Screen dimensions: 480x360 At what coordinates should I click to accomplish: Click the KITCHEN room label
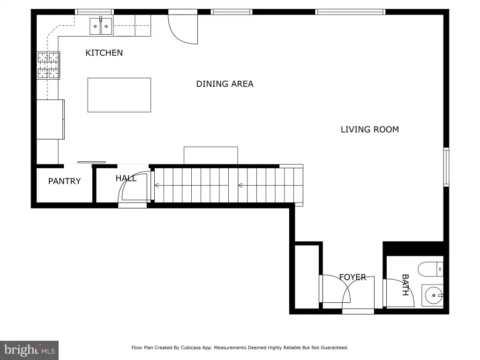pos(104,53)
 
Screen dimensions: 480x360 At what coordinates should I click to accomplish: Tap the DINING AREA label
pos(225,84)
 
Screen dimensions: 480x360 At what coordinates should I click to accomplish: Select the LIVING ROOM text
pos(370,129)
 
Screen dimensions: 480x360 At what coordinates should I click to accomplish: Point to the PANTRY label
pos(64,181)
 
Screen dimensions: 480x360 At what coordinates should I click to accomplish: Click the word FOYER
pos(352,277)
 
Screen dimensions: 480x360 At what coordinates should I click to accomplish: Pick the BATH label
pos(405,285)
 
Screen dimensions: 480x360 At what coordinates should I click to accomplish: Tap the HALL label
pos(126,178)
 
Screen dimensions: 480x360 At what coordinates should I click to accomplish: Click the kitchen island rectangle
pos(119,95)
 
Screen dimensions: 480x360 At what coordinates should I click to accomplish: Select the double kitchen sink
pos(101,26)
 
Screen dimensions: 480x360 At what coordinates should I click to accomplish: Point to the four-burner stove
pos(48,66)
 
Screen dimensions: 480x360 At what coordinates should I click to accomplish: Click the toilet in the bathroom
pos(430,270)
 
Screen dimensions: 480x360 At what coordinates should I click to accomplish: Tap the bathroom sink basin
pos(432,295)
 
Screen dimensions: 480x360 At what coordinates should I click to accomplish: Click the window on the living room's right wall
pos(446,167)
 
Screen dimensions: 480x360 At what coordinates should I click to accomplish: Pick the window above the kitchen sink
pos(95,12)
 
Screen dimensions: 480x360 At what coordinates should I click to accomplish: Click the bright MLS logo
pos(29,350)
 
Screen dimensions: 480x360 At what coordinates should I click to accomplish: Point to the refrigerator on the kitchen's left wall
pos(51,120)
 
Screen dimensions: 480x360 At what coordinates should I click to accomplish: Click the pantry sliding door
pos(91,162)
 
